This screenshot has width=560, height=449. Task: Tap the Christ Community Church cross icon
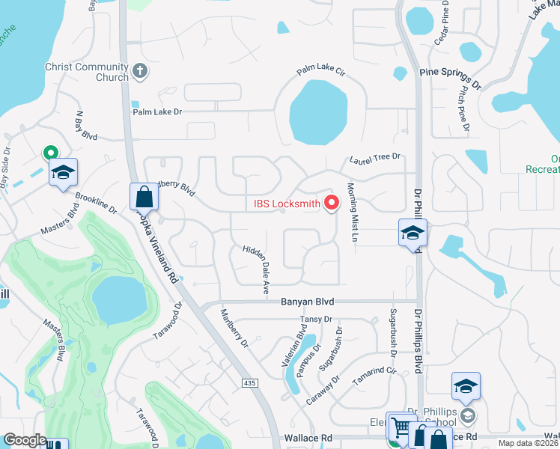coord(139,72)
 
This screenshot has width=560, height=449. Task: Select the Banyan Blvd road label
coord(307,302)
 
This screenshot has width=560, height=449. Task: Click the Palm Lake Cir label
coord(320,72)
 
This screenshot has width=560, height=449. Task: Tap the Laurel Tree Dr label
coord(375,159)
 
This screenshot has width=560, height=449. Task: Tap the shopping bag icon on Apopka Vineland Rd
coord(144,198)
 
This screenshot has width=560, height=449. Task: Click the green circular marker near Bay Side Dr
coord(51,152)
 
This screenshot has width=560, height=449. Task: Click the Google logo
coord(25,440)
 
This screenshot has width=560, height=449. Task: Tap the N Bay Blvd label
coord(86,126)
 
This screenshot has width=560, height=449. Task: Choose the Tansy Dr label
coord(315,320)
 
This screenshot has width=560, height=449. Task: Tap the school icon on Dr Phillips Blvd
coord(412,233)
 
